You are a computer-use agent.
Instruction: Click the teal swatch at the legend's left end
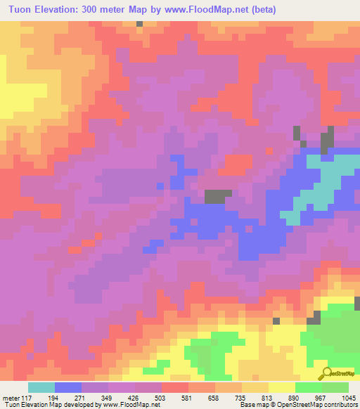point(41,387)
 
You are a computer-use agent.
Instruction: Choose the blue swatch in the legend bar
point(67,387)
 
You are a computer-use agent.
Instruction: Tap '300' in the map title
point(94,10)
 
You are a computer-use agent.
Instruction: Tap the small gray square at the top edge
point(140,23)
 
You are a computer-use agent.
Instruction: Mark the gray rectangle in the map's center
point(218,197)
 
